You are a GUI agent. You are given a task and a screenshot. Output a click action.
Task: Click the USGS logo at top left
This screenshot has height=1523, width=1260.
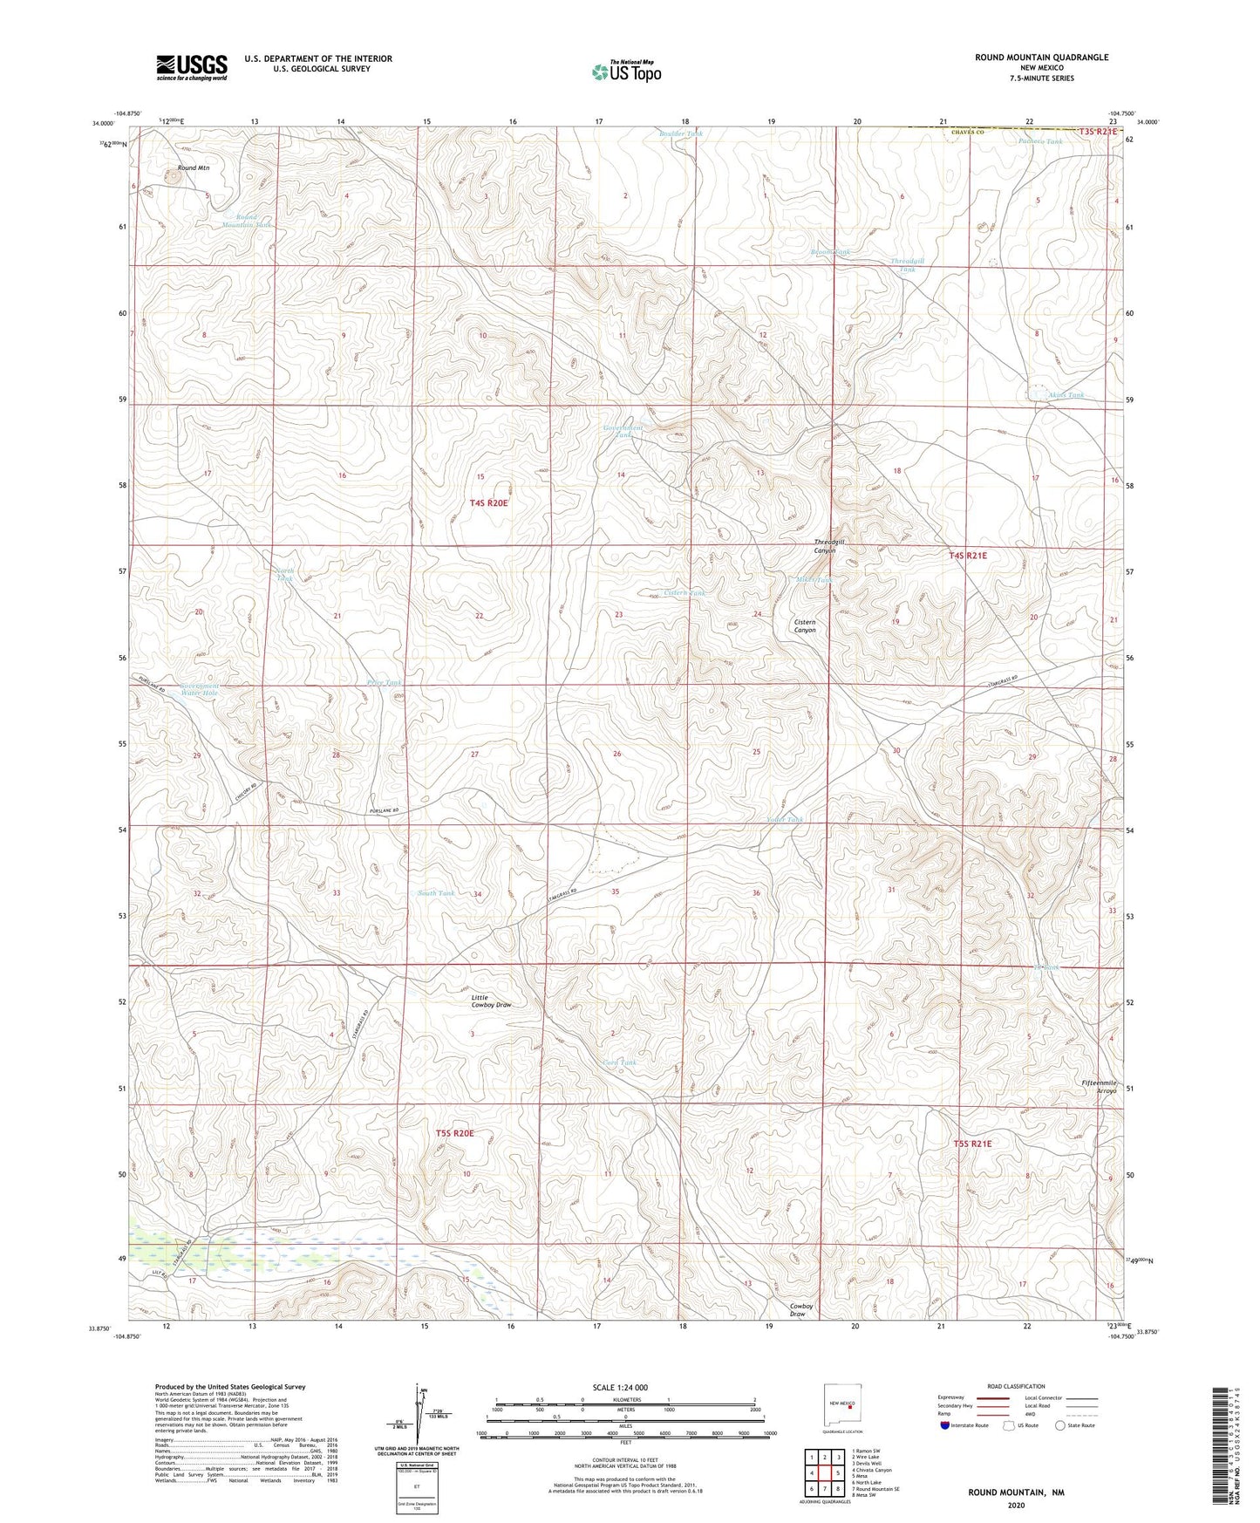(x=191, y=67)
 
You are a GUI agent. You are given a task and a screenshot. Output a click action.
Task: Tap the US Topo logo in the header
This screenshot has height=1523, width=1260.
(x=626, y=72)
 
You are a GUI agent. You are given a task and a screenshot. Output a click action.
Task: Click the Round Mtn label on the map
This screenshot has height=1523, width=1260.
(x=194, y=167)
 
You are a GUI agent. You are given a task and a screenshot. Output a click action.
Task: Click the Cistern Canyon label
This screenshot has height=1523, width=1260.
(x=805, y=625)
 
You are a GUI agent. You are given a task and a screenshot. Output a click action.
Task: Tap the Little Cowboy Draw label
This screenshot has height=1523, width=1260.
(x=491, y=1001)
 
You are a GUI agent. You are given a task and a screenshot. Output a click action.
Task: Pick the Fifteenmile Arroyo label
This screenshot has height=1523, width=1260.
(x=1098, y=1087)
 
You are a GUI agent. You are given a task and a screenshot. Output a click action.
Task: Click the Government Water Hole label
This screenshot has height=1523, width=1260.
(x=199, y=689)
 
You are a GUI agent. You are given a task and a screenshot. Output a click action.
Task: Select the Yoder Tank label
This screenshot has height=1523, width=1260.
(x=784, y=820)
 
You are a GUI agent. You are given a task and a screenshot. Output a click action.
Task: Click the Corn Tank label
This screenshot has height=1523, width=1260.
(x=620, y=1062)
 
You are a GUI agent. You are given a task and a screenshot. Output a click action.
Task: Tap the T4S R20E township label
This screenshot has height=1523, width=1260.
(x=488, y=503)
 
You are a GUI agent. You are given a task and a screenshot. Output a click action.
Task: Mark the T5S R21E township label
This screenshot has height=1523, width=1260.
(x=972, y=1143)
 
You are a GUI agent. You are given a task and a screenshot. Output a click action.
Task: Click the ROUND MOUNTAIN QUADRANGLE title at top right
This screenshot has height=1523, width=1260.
(x=1042, y=58)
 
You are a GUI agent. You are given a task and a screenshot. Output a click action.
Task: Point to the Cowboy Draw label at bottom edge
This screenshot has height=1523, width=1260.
(x=801, y=1309)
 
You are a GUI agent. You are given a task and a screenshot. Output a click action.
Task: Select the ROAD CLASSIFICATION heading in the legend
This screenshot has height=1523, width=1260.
(x=1016, y=1386)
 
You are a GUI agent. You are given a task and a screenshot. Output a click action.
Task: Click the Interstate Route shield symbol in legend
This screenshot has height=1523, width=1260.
(x=946, y=1425)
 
